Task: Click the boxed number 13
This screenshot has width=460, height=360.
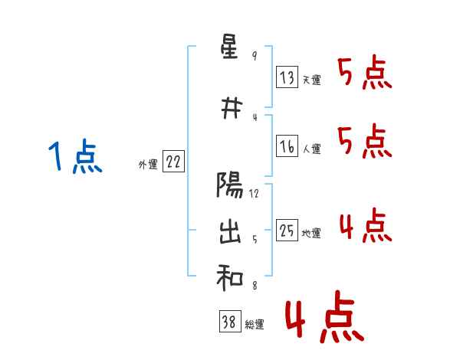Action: point(287,77)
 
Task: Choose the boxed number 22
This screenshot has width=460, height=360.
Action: point(174,162)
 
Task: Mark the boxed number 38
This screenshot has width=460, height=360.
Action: point(228,323)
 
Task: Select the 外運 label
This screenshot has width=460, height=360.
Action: point(148,164)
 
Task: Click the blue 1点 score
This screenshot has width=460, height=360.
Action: point(75,157)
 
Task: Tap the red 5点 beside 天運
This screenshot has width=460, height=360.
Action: point(364,74)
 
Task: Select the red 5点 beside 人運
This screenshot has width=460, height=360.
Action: point(364,141)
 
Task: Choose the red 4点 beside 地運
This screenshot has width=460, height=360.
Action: point(364,225)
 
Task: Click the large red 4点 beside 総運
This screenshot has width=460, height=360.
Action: point(324,319)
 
